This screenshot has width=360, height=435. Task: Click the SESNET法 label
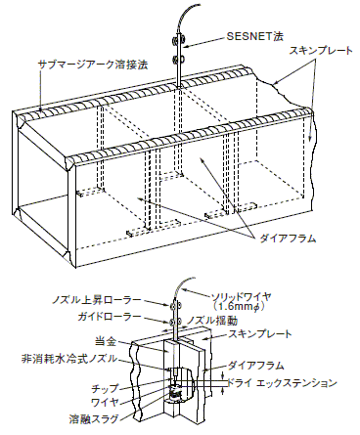254,36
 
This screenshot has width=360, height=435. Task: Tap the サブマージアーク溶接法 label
93,65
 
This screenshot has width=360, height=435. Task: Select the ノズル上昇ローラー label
96,300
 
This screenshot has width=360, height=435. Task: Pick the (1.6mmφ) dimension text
238,307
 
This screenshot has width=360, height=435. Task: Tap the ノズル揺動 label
212,321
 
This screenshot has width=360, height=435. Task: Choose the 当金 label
106,342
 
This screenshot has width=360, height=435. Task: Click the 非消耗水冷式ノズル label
68,359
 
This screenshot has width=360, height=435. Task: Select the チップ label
105,388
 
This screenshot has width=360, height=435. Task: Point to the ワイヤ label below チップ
105,402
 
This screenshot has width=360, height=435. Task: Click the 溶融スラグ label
94,418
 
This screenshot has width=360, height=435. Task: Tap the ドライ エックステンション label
282,383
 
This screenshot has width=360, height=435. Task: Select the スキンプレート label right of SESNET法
321,51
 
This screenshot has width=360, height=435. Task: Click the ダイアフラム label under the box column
288,239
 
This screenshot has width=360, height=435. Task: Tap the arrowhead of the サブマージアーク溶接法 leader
41,109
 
